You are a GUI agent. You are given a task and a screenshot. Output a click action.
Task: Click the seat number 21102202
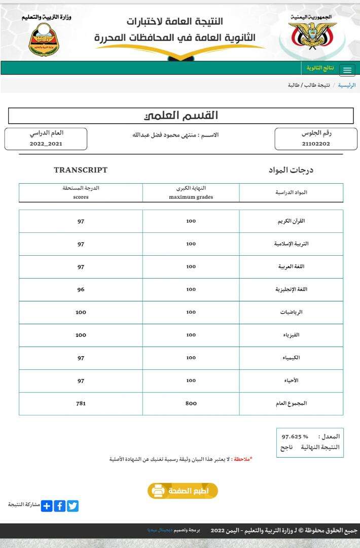tap(315, 144)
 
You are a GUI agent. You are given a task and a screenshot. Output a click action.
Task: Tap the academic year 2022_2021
tap(46, 144)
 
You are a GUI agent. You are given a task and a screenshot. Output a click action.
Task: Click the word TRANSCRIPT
tap(81, 170)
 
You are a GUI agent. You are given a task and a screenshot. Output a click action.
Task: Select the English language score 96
tap(81, 289)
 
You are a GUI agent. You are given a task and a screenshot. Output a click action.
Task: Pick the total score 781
tap(81, 403)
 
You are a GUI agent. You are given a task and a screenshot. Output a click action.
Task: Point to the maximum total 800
tap(191, 403)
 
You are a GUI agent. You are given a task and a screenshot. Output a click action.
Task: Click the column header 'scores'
tap(81, 197)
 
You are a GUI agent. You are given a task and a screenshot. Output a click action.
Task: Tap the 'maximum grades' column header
tap(191, 197)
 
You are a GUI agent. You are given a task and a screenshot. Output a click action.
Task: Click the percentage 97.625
tap(292, 436)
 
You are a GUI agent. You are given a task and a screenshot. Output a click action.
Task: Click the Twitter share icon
tap(73, 506)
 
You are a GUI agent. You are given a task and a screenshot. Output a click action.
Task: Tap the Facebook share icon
tap(60, 506)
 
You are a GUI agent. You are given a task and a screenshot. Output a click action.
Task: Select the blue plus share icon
tap(47, 506)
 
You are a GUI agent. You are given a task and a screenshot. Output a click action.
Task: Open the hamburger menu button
tap(347, 70)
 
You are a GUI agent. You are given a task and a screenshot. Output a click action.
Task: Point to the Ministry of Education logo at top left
tap(44, 40)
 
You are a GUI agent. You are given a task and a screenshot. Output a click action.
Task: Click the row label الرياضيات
tap(291, 312)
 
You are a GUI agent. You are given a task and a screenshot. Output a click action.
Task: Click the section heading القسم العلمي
tap(181, 116)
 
